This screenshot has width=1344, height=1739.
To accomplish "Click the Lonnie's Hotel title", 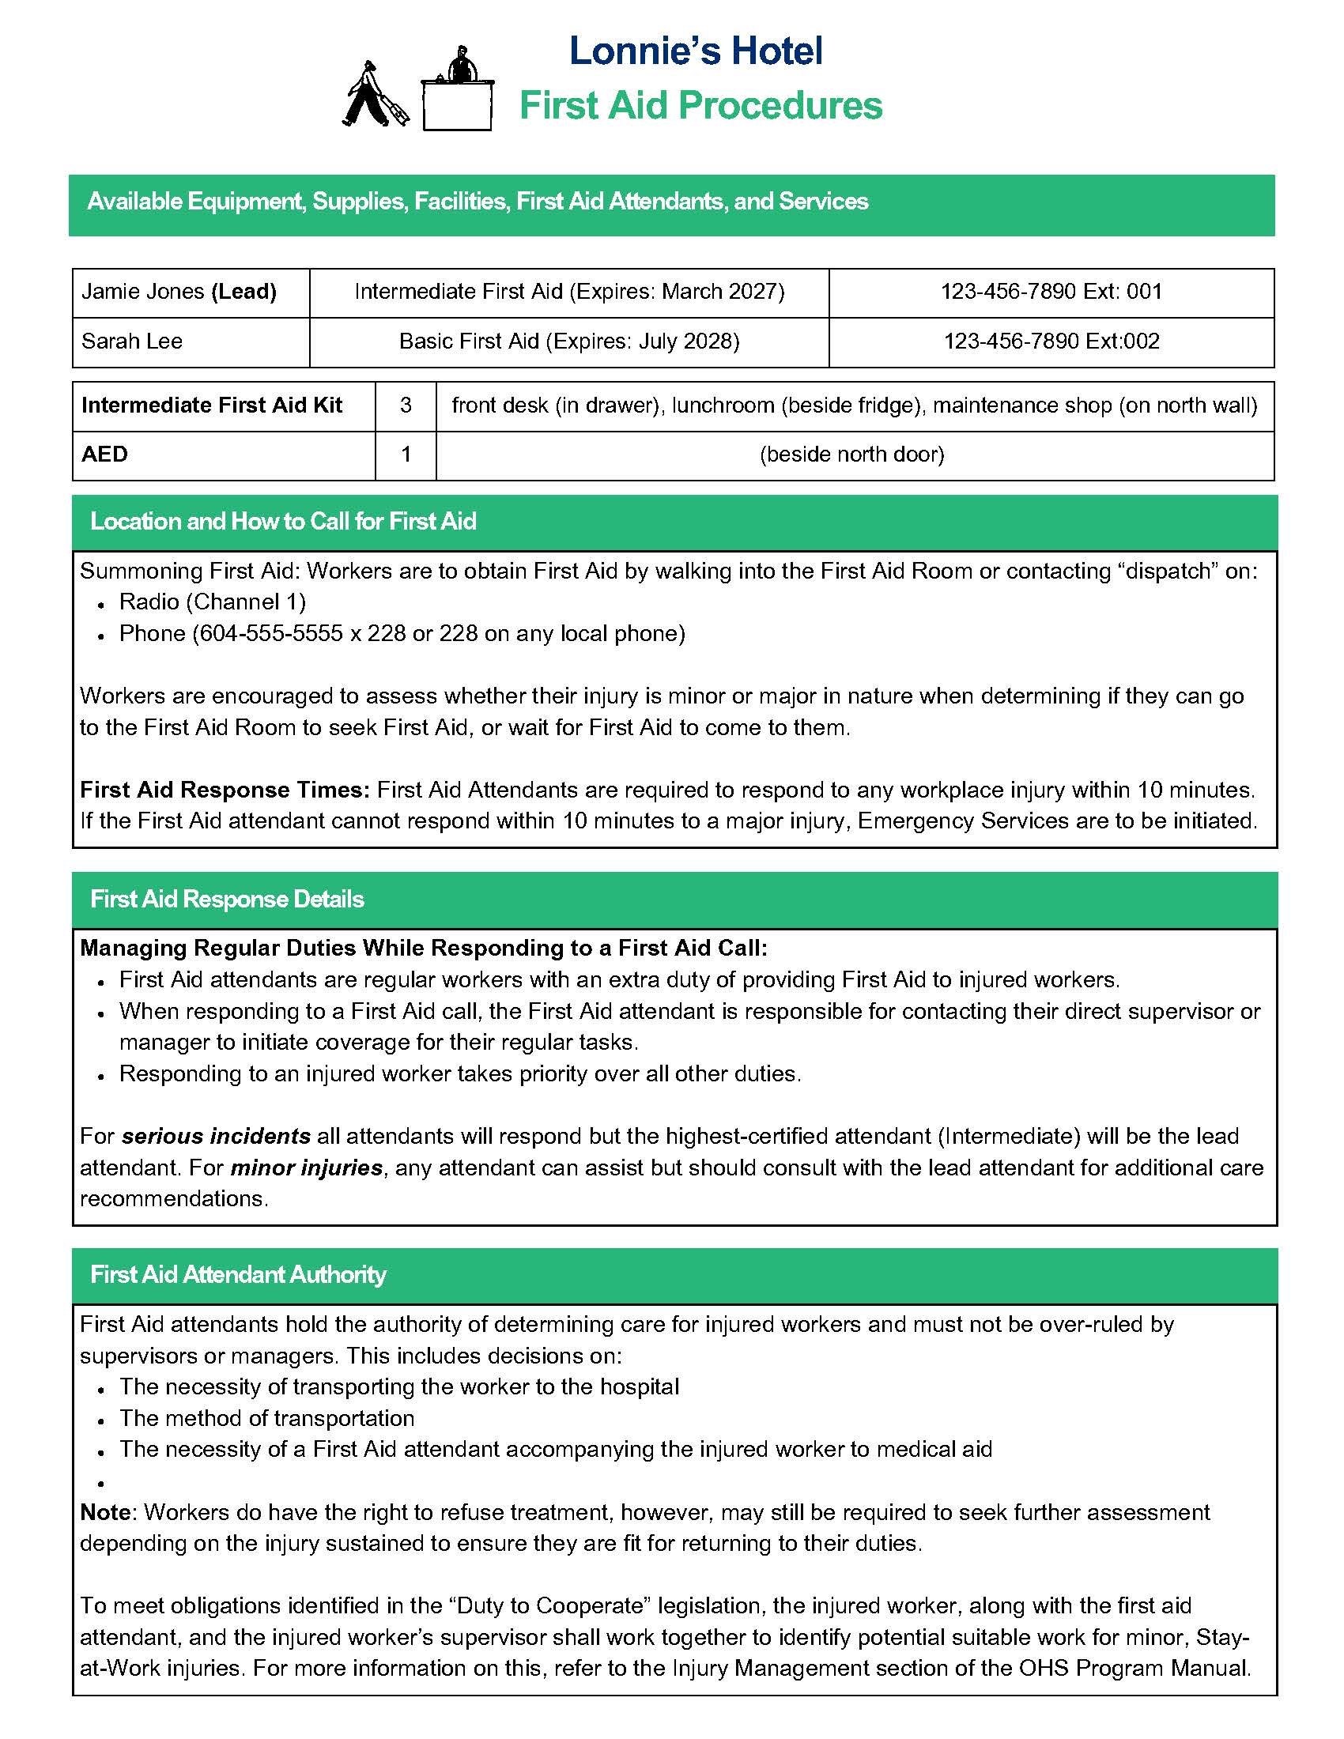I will click(696, 51).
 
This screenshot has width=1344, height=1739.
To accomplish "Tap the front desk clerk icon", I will click(458, 92).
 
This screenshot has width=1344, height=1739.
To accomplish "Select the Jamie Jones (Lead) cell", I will click(179, 292).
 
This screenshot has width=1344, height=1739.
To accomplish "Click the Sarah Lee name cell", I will click(132, 341).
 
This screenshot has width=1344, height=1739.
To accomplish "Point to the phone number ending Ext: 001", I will click(1051, 292).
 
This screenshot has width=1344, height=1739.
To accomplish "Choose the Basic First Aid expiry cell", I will click(568, 341).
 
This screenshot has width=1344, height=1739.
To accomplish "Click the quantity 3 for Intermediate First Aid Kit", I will click(406, 406).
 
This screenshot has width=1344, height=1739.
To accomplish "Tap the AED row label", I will click(104, 455).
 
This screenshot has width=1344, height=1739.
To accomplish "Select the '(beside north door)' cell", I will click(852, 455).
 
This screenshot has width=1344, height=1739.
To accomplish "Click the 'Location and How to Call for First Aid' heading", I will click(283, 522).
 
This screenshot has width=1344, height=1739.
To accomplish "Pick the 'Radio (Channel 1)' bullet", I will click(213, 602).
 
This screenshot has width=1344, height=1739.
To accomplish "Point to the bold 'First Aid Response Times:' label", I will click(225, 790).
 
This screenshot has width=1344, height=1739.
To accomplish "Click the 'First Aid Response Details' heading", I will click(227, 900).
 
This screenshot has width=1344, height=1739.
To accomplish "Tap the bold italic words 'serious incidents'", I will click(216, 1136).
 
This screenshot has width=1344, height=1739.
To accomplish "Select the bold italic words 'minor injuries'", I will click(307, 1168).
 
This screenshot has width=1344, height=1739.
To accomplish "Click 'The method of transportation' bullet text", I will click(266, 1418).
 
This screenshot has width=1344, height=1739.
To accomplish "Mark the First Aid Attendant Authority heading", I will click(238, 1275).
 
